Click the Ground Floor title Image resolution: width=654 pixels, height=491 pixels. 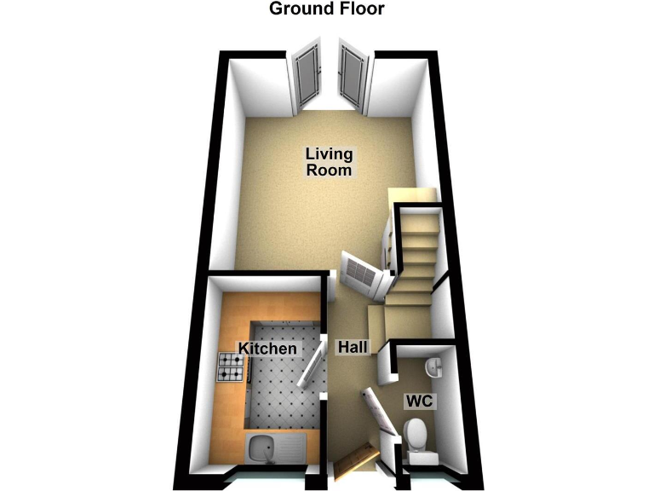[327, 9]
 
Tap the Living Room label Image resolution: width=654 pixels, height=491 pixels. [329, 162]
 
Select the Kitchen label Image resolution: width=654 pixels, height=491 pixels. [267, 348]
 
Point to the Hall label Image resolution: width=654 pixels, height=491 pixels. [353, 347]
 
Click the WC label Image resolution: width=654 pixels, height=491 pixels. [420, 401]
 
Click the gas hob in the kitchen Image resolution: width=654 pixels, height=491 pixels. [230, 367]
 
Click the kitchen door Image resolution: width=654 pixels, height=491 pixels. [312, 364]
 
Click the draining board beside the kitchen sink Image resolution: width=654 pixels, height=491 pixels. [291, 448]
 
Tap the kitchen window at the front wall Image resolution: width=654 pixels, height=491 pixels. [267, 480]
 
